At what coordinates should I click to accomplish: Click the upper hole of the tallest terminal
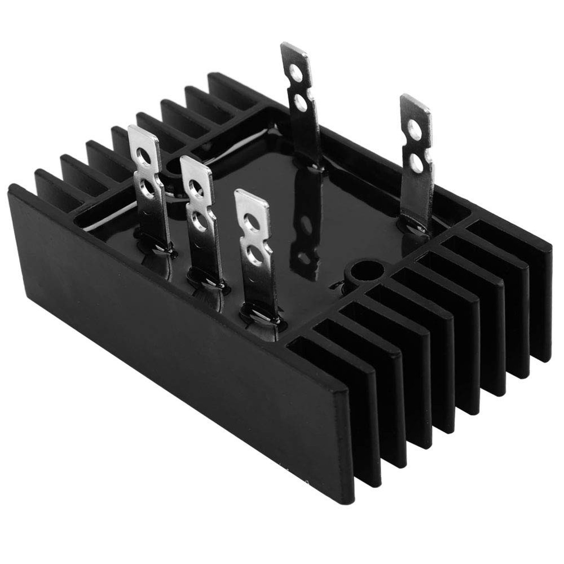[295, 72]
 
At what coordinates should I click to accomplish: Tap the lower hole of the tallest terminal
[301, 103]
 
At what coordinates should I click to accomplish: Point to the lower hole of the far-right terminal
[417, 163]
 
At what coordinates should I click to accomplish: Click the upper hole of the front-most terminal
[252, 223]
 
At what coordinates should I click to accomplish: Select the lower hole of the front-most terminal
[255, 257]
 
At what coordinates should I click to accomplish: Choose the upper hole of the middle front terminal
[196, 188]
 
